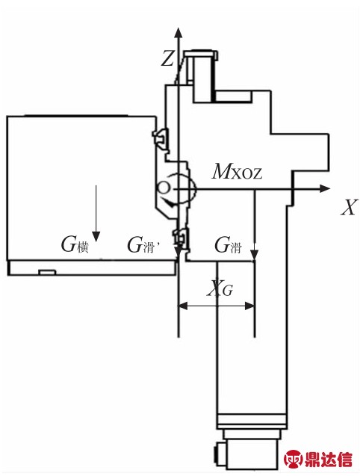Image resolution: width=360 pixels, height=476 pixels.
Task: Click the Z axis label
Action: point(167,58)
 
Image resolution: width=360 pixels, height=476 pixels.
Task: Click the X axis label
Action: point(349,207)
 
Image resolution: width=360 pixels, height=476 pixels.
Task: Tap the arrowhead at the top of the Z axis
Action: point(179,32)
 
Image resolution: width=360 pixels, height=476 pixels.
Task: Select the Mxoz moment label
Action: point(237,172)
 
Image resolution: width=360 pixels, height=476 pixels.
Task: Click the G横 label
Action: point(75,244)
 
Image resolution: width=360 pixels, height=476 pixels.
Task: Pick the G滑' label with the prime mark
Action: point(143,244)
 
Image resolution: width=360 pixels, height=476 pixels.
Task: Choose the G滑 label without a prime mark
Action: point(228,244)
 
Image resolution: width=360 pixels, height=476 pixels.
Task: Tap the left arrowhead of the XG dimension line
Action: point(183,306)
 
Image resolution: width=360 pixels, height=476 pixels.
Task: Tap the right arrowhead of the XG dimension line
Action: point(249,306)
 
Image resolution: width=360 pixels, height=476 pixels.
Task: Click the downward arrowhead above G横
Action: point(96,236)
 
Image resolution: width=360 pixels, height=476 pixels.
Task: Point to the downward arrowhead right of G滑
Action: point(255,254)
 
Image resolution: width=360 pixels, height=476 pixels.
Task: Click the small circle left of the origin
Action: point(163,188)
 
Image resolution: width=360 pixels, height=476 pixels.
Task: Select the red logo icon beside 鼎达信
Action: point(294,459)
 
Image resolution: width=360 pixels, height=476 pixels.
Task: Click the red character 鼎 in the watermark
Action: point(312,459)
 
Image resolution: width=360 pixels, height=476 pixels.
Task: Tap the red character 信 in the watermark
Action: point(344,459)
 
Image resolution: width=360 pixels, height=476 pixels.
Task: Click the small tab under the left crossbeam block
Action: point(48,272)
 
